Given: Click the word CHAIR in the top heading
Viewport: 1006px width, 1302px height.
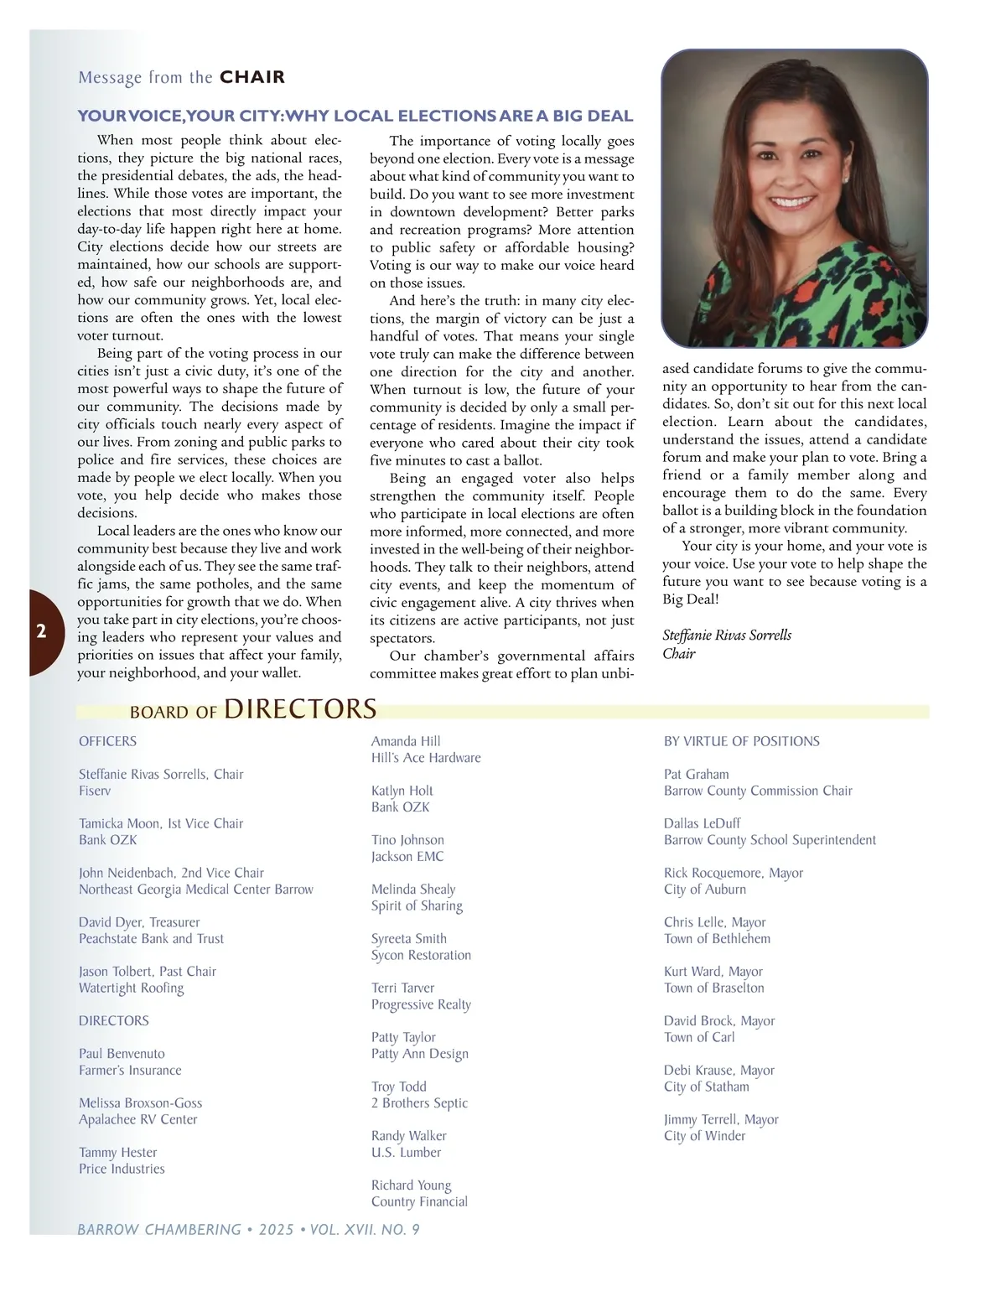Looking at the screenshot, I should [251, 77].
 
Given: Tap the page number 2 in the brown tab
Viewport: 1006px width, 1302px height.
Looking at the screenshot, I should [41, 631].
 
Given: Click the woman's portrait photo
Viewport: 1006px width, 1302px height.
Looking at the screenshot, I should [794, 198].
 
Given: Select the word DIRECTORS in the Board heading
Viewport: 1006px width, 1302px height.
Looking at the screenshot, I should [300, 709].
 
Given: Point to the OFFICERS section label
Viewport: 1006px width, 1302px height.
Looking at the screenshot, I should [107, 741].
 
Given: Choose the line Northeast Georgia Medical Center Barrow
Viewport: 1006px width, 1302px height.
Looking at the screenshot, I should [195, 890].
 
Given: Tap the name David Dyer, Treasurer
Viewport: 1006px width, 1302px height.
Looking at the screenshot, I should [139, 922].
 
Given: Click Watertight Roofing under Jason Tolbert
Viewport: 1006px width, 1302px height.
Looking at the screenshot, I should [131, 988].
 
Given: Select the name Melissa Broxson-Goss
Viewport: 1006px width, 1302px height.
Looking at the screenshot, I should [140, 1103].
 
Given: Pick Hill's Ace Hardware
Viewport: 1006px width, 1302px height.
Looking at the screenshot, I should [426, 758].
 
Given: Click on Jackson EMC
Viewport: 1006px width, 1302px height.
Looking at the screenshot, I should [407, 857].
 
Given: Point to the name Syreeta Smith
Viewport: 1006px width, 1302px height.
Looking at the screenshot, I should [408, 939].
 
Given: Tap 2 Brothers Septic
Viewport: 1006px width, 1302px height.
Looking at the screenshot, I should [419, 1103].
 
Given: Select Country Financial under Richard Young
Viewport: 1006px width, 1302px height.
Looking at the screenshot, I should [419, 1201].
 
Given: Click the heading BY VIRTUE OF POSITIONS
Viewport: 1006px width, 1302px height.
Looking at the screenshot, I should [741, 741].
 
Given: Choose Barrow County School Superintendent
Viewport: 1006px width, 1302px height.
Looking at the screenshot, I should [770, 840].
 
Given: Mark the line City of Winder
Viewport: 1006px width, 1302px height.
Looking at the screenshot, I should [704, 1136].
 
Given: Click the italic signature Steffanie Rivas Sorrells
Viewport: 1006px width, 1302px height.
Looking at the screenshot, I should [726, 635].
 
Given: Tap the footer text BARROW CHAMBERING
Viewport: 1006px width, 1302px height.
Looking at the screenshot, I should [158, 1230].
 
